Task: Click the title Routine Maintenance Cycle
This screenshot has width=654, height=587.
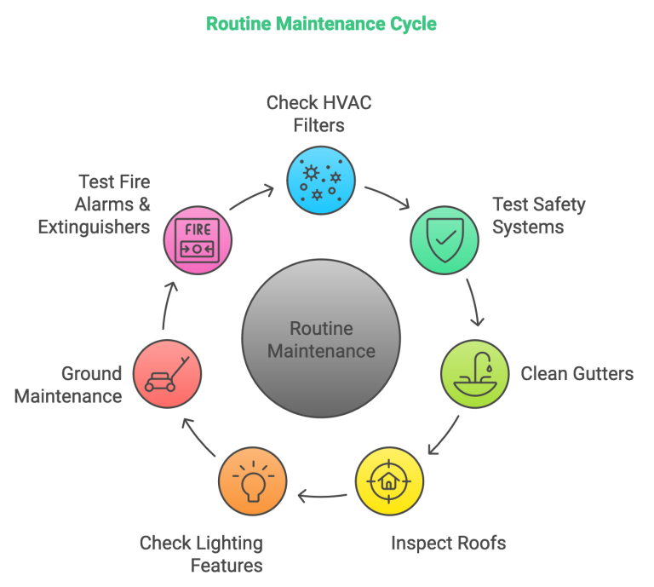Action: pyautogui.click(x=320, y=24)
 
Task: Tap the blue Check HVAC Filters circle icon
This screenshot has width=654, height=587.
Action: pyautogui.click(x=320, y=180)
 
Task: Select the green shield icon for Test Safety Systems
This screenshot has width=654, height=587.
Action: pyautogui.click(x=445, y=239)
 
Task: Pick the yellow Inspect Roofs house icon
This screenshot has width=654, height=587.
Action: pyautogui.click(x=388, y=481)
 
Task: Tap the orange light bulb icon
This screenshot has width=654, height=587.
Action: pyautogui.click(x=252, y=481)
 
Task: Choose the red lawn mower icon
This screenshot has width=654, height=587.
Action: pyautogui.click(x=168, y=373)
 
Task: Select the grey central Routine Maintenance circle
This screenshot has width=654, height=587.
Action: pyautogui.click(x=320, y=339)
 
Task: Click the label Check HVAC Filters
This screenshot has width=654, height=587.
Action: pyautogui.click(x=318, y=114)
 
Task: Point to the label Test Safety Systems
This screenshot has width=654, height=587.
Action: pyautogui.click(x=539, y=216)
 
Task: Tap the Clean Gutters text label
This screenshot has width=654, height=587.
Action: pyautogui.click(x=577, y=374)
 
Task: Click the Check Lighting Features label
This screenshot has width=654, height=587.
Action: pyautogui.click(x=201, y=553)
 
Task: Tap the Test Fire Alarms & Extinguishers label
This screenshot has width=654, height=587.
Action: pyautogui.click(x=94, y=204)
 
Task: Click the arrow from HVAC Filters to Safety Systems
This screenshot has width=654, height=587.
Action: pyautogui.click(x=387, y=197)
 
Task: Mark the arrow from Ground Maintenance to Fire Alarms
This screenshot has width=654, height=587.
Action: pyautogui.click(x=167, y=307)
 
